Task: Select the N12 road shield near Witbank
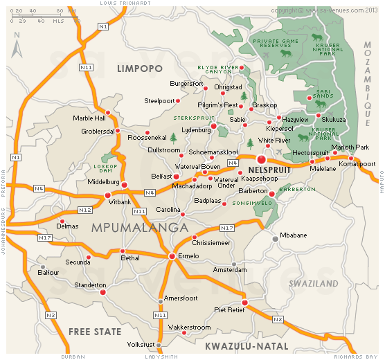click(85, 210)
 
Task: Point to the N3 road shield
click(50, 316)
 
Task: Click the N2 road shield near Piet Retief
click(278, 319)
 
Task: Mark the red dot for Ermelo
click(172, 257)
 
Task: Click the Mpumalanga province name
click(138, 227)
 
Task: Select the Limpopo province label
click(139, 69)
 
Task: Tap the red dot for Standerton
click(103, 292)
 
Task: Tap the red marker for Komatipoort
click(350, 158)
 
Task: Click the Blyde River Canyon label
click(218, 70)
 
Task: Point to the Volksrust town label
click(143, 345)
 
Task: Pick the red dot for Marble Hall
click(107, 111)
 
